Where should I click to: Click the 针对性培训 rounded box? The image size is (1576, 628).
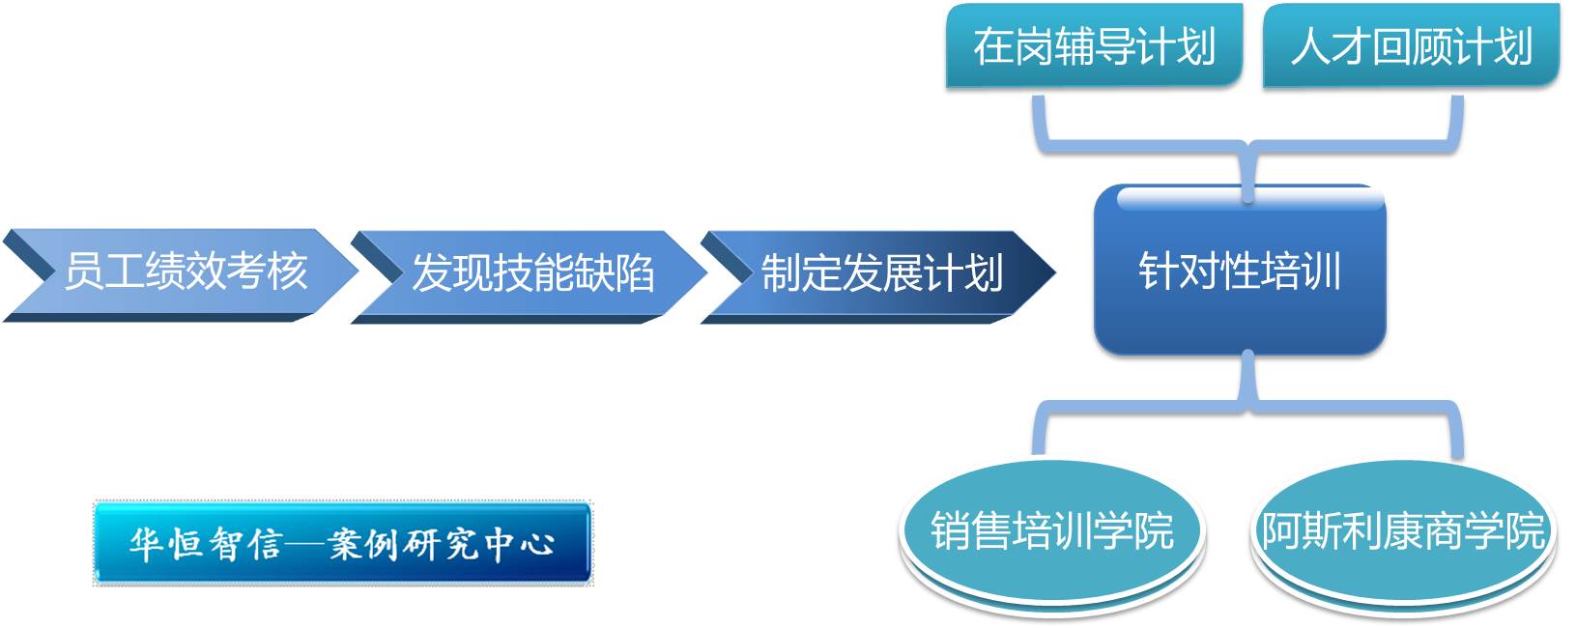pyautogui.click(x=1240, y=271)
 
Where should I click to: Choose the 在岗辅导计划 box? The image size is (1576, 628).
pyautogui.click(x=1094, y=46)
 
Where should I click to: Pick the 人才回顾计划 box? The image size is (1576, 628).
pyautogui.click(x=1412, y=46)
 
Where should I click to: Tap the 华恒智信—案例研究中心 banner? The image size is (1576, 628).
pyautogui.click(x=343, y=542)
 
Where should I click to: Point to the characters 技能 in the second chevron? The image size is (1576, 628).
pyautogui.click(x=532, y=272)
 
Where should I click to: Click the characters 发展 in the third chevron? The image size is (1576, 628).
pyautogui.click(x=881, y=272)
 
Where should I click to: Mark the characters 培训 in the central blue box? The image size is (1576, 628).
pyautogui.click(x=1301, y=271)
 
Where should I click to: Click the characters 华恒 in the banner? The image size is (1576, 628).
pyautogui.click(x=164, y=543)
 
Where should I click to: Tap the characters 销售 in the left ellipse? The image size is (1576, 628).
pyautogui.click(x=970, y=531)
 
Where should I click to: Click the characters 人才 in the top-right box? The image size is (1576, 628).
pyautogui.click(x=1331, y=47)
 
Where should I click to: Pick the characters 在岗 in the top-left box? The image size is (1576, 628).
pyautogui.click(x=1013, y=47)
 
